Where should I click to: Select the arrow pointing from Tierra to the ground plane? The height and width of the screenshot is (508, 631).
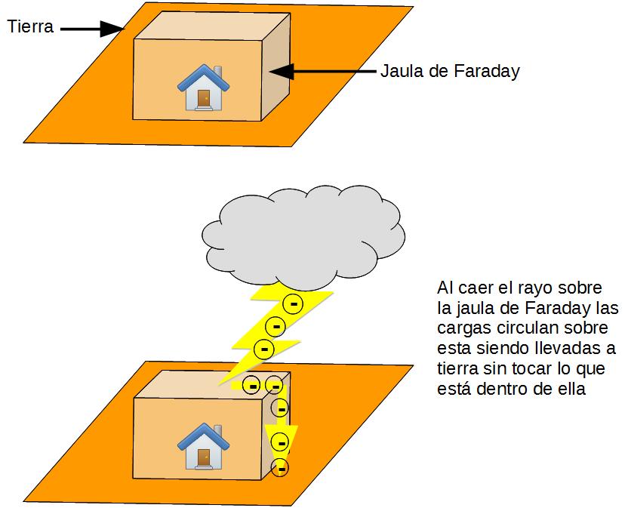(x=91, y=29)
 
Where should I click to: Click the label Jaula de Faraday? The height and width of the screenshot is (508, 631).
(x=450, y=72)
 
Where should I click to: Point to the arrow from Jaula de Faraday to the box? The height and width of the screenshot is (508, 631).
(x=321, y=72)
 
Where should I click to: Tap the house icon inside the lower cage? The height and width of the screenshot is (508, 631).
(x=202, y=445)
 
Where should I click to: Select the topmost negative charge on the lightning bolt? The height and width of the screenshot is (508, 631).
(x=293, y=304)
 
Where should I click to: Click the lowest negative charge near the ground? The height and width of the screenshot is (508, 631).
(x=280, y=467)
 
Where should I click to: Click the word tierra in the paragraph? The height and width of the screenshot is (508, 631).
(x=456, y=370)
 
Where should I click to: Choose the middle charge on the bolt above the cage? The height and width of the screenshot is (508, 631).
(x=277, y=327)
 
